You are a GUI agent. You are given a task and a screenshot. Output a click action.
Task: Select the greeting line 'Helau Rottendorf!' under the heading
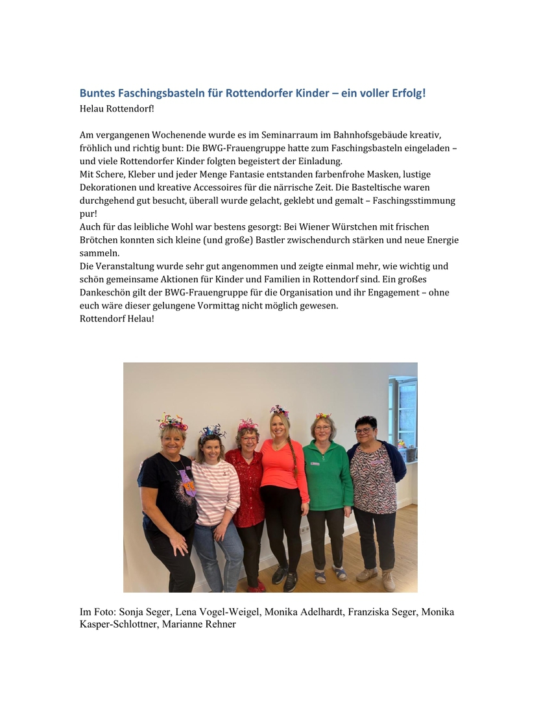click(117, 108)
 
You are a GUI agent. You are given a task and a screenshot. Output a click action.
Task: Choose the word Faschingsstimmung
click(415, 201)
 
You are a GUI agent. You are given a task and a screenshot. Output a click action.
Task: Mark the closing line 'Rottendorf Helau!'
click(117, 319)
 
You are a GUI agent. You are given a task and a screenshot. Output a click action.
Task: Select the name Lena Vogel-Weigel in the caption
click(219, 613)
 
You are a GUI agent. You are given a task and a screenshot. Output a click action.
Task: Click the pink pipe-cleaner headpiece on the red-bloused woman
click(247, 424)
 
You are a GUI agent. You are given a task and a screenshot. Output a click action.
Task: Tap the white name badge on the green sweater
click(315, 463)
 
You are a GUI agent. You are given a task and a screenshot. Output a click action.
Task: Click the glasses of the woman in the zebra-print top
click(363, 430)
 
